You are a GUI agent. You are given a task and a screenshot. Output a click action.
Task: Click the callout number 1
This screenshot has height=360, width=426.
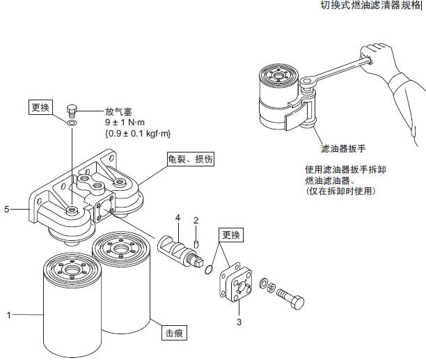point(9,315)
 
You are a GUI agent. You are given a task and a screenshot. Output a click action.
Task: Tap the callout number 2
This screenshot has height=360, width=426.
point(196,221)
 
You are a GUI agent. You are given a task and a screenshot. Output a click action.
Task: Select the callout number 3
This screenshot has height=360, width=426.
point(239,322)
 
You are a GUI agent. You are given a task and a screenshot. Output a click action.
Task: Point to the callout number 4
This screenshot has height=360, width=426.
point(177,218)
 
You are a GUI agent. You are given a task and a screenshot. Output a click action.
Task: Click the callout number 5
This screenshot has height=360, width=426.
point(7,208)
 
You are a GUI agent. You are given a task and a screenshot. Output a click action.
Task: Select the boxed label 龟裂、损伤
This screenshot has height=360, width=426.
point(189,159)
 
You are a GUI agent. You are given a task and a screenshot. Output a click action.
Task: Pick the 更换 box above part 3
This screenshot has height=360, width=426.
point(230,235)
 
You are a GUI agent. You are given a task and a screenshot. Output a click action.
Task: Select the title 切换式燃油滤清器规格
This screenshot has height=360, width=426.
point(370,6)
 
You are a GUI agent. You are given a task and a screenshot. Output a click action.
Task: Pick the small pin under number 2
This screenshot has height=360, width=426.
point(196,243)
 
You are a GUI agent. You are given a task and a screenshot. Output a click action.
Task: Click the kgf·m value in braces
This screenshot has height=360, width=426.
point(137,134)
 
